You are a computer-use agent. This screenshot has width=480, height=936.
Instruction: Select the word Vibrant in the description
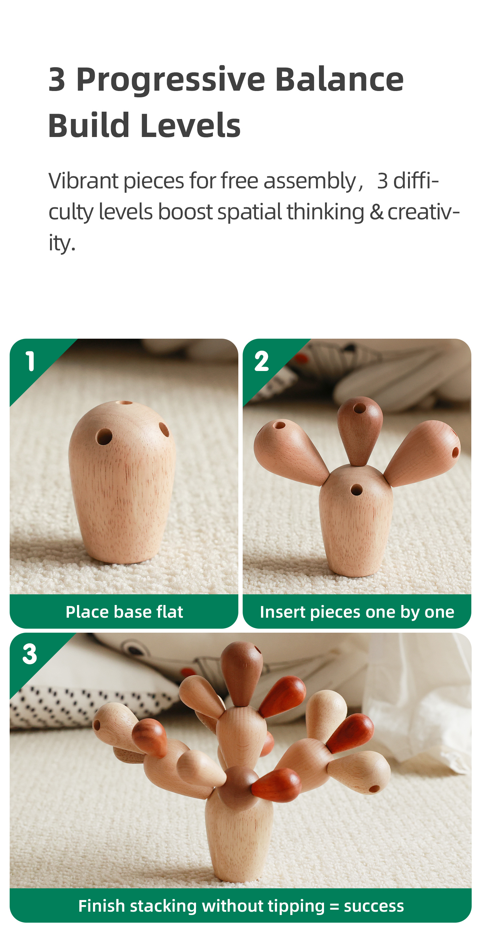[x=83, y=181]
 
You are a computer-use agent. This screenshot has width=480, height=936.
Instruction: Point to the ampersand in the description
[x=376, y=212]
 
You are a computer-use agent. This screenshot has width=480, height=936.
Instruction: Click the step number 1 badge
[x=30, y=361]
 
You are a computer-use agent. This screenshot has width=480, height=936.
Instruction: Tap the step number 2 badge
[x=262, y=361]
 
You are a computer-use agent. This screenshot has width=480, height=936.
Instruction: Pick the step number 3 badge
[x=30, y=654]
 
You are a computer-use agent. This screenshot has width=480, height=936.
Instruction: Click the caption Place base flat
[x=124, y=612]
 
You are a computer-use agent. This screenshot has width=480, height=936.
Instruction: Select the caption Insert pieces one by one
[x=357, y=612]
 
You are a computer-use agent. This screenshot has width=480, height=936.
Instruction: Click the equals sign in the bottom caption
[x=334, y=906]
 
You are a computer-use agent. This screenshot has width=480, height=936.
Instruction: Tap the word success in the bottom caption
[x=374, y=906]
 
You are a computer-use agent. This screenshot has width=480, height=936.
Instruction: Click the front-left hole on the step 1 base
[x=104, y=436]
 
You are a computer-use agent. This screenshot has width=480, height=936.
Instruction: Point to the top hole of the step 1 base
[x=124, y=403]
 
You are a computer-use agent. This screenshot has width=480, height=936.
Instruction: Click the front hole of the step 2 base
[x=356, y=490]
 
